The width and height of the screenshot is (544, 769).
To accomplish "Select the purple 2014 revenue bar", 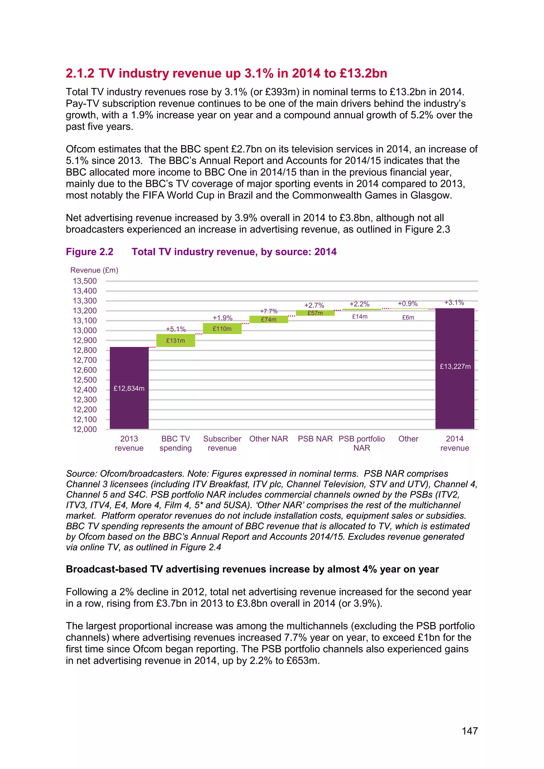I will click(454, 368).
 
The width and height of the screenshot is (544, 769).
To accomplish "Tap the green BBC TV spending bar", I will click(176, 340).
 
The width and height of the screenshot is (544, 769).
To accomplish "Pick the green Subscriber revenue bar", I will click(222, 328).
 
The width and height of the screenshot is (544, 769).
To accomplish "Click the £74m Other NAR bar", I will click(269, 319).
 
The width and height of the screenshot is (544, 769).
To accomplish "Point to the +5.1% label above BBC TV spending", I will click(176, 329).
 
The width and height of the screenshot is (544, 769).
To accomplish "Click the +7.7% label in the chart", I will click(269, 311).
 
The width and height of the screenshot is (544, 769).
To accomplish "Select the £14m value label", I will click(360, 317).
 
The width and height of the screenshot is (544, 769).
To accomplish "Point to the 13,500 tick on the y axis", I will click(85, 281).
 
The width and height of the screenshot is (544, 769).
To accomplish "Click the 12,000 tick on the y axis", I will click(85, 429).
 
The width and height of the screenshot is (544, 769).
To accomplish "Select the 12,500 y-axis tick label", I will click(85, 380).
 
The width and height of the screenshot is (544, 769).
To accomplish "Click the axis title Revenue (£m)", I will click(94, 270).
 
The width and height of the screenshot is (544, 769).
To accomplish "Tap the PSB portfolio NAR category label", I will click(362, 443).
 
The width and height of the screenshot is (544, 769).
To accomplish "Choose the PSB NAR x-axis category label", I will click(315, 439).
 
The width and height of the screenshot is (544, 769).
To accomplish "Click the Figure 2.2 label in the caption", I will click(90, 252).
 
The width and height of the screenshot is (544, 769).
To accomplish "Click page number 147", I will click(470, 731).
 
